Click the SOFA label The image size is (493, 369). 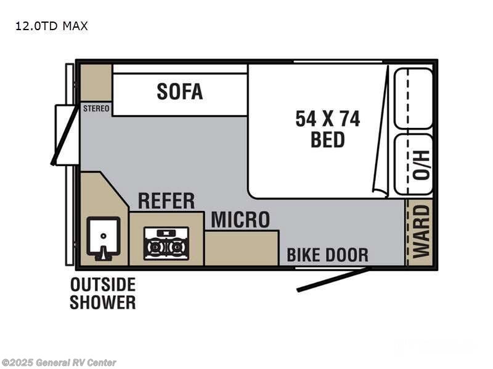179,91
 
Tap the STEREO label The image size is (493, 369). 96,109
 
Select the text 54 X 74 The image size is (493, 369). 327,118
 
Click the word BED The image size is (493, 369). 327,140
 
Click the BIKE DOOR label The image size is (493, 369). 327,255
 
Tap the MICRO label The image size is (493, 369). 240,220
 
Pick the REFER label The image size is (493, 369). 166,200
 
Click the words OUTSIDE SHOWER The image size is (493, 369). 102,293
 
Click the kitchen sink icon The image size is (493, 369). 102,239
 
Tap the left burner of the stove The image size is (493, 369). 155,247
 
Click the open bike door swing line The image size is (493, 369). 333,280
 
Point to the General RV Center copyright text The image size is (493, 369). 59,363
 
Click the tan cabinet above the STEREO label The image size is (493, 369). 96,82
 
